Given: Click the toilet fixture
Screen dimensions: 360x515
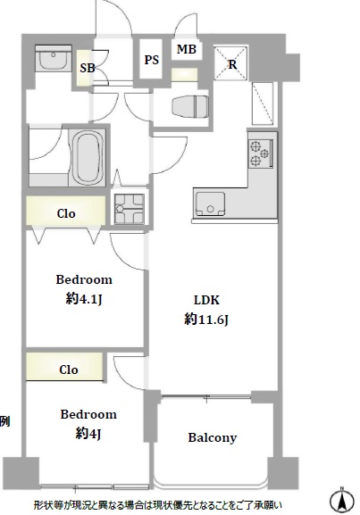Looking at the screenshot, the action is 190,106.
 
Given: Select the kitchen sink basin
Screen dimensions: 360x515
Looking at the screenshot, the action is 211,204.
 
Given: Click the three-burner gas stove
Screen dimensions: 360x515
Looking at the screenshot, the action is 261,154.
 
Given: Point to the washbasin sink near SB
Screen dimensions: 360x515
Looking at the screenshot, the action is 54,59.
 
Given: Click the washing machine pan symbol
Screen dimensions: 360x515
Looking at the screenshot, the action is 129,209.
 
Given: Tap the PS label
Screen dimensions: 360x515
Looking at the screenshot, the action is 151,60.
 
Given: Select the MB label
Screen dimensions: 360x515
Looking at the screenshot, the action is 187,49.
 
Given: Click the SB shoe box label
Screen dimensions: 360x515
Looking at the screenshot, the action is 88,68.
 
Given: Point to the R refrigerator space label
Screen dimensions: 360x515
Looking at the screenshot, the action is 232,64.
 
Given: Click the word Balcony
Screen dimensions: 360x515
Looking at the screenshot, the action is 212,438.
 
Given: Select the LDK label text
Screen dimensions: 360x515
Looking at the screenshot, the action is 206,300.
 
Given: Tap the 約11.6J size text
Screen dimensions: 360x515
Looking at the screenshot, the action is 206,320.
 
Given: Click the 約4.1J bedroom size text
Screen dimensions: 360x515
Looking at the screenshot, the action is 84,298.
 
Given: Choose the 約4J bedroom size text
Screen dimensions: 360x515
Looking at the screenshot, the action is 88,434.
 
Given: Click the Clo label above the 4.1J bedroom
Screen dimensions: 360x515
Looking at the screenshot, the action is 66,214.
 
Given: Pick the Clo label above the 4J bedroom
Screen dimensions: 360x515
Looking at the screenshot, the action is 69,370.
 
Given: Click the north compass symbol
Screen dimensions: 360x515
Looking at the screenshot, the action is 342,500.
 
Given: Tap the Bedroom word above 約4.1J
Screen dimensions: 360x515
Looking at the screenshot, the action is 84,279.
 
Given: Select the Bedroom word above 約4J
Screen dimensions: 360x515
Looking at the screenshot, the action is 88,414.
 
